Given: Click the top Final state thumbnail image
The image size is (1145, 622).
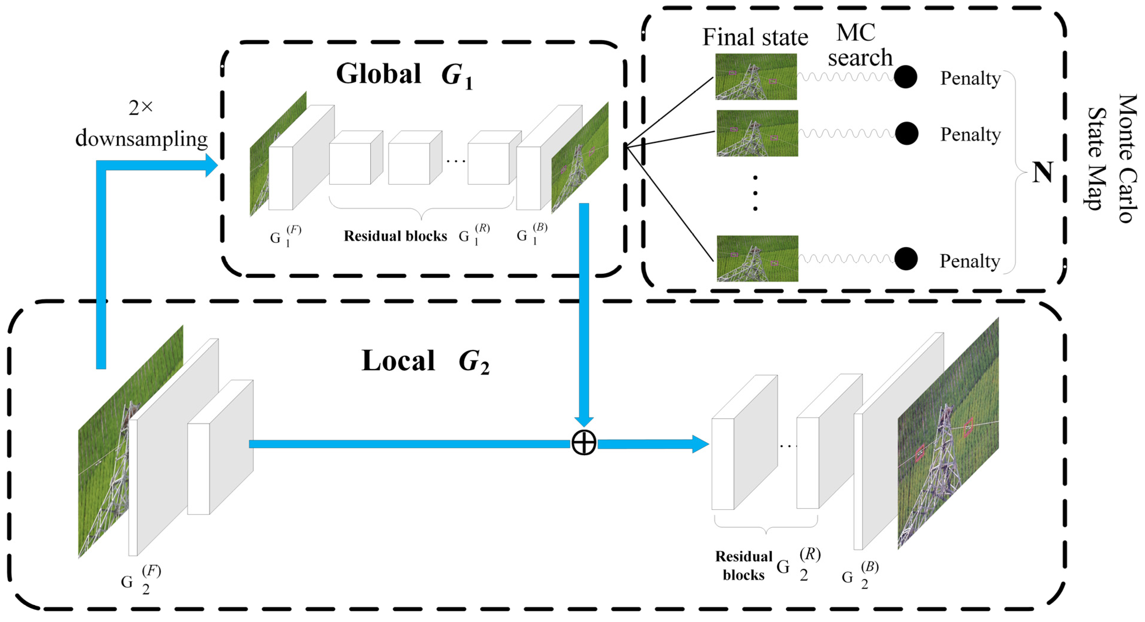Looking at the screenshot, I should [x=756, y=76].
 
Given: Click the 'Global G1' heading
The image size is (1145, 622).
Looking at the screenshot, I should [x=404, y=74].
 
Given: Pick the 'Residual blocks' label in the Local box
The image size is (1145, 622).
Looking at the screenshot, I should [x=743, y=565].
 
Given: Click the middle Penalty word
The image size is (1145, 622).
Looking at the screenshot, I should [x=970, y=134].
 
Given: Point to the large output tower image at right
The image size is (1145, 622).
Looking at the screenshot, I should [x=948, y=434].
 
